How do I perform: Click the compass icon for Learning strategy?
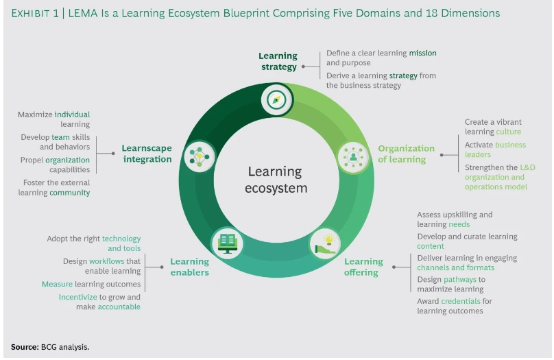(276, 99)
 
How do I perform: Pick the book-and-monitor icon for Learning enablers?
(227, 242)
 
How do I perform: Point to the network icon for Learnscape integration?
(200, 155)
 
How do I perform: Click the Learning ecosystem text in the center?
(276, 180)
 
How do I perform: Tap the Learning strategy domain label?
(278, 61)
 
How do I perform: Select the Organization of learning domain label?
(406, 154)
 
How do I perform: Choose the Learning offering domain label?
(363, 267)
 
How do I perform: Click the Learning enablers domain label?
(189, 267)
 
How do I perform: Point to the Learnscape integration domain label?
(147, 154)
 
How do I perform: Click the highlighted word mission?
(422, 53)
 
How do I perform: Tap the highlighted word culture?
(509, 132)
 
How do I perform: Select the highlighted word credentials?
(461, 301)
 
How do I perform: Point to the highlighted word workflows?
(105, 261)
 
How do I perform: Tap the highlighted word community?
(70, 193)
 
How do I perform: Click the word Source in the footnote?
(23, 347)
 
